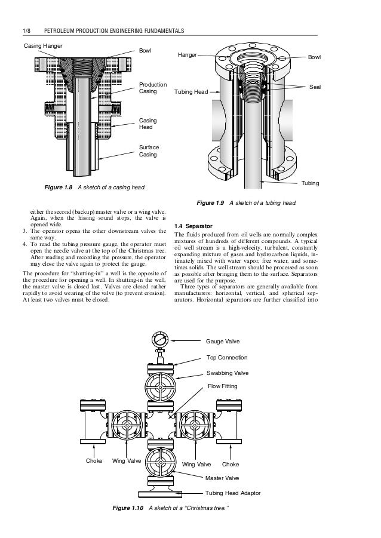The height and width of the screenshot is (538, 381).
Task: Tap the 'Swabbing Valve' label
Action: coord(228,373)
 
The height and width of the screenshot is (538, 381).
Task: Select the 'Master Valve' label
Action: coord(222,478)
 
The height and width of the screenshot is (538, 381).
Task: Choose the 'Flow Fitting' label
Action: coord(222,387)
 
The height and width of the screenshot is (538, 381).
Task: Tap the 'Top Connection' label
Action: coord(226,357)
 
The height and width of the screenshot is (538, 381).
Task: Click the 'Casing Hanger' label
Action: coord(42,45)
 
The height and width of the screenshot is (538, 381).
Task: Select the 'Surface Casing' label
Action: coord(148,150)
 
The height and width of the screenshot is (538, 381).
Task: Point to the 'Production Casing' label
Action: coord(152,88)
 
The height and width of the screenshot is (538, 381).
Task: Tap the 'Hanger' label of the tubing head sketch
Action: coord(188,54)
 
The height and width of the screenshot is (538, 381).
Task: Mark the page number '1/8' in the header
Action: coord(26,30)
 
